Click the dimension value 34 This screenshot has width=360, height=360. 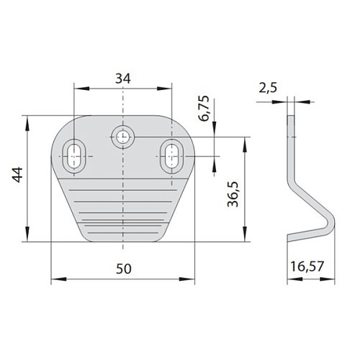pos(123,78)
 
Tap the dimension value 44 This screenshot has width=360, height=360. pos(18,175)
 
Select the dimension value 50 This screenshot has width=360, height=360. pos(124,269)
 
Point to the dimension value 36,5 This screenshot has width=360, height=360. pos(233,194)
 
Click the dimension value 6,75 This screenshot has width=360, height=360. pos(204,108)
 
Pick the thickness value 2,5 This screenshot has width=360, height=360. pos(268,88)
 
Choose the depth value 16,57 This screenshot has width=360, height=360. pos(307,266)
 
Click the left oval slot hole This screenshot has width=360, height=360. pos(74,156)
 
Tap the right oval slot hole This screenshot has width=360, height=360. pos(171,156)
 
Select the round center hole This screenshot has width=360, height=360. pos(123,137)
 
